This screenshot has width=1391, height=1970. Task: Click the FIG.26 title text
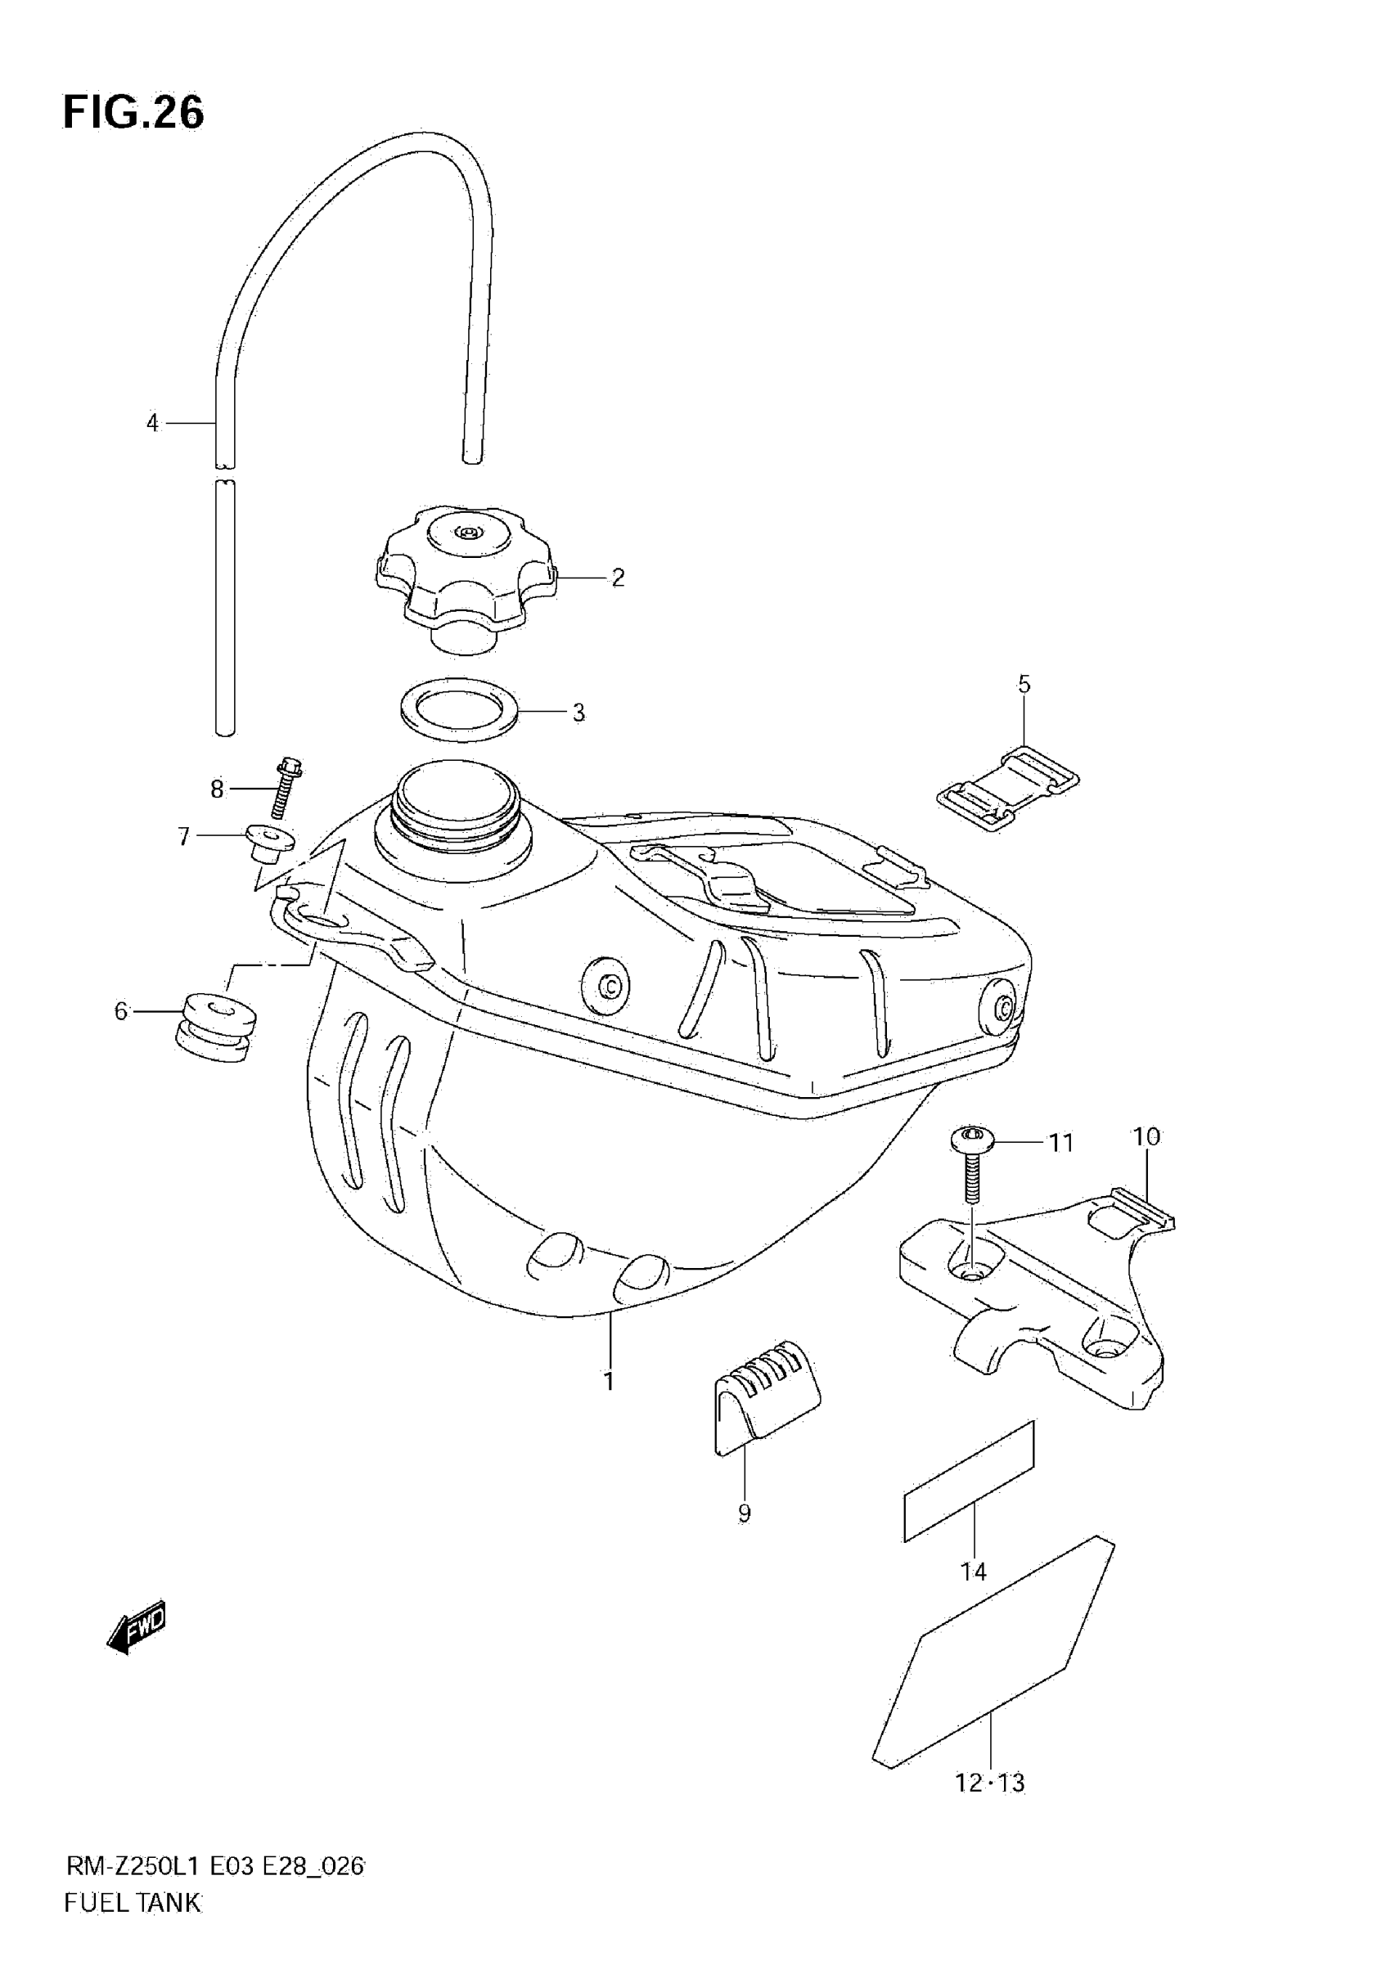click(134, 112)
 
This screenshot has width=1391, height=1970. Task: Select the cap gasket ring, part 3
click(459, 709)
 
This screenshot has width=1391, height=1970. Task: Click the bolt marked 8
click(283, 787)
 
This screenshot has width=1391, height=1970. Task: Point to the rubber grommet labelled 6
click(214, 1026)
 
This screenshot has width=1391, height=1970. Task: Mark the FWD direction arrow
click(137, 1626)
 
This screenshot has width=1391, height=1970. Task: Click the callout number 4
click(152, 423)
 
